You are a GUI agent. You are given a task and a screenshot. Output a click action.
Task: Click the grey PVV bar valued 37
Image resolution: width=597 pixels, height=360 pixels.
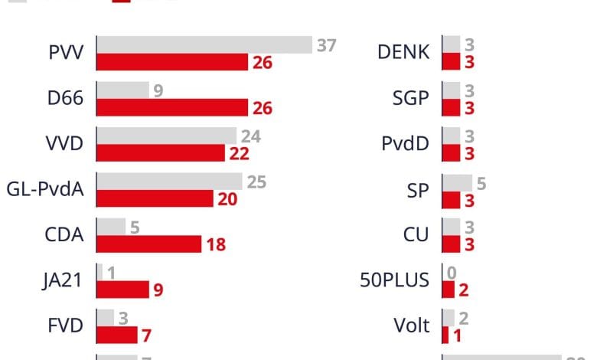pos(204,45)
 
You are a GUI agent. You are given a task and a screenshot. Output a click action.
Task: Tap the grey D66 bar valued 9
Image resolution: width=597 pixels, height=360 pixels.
pos(122,90)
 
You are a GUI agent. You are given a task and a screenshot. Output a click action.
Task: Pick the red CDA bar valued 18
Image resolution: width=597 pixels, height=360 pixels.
pos(149,244)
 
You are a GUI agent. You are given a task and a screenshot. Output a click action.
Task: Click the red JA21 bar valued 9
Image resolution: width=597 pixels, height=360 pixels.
pos(122,290)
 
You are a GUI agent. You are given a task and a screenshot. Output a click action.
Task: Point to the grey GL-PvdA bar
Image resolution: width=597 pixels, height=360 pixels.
pos(170,182)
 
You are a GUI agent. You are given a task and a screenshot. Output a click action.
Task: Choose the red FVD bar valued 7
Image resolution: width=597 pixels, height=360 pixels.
pos(117,335)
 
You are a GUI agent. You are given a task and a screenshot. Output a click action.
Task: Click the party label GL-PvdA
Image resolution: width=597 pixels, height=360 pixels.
pos(45,190)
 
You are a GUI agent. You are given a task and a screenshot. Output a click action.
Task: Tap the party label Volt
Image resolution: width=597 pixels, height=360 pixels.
pos(412,326)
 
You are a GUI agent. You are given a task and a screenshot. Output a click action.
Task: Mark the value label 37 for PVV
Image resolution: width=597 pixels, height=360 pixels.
pos(327,45)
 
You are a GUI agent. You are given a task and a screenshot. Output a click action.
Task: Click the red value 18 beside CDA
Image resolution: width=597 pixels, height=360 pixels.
pos(215,245)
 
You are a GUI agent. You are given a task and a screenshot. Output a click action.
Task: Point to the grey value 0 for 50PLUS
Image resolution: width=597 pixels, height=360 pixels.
pos(452,273)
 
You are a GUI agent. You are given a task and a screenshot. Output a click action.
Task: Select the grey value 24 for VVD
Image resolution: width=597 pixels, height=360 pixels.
pos(251,136)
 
